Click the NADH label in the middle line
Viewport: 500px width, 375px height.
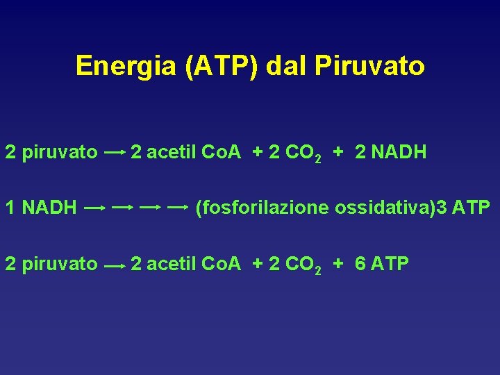49,207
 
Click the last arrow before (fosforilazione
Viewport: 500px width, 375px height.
178,207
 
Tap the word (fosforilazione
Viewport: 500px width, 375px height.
263,208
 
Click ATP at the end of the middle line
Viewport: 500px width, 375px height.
472,207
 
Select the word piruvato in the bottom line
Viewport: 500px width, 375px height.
60,264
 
